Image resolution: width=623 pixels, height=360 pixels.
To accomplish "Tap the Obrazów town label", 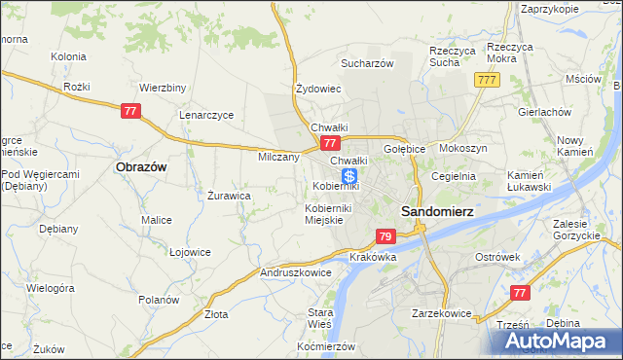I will [142, 166].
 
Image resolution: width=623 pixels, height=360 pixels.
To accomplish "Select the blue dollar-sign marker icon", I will [348, 177].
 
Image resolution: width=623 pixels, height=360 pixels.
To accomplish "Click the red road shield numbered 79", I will [385, 236].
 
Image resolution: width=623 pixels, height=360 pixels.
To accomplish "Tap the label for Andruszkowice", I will [295, 273].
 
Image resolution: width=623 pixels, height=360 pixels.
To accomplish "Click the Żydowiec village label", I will [317, 89].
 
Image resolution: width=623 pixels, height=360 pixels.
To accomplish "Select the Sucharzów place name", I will [366, 63].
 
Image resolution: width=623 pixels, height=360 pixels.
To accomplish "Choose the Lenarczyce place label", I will [206, 114].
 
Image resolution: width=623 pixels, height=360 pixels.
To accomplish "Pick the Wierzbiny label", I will [163, 87].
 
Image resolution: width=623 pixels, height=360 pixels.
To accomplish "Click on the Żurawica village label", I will [230, 195].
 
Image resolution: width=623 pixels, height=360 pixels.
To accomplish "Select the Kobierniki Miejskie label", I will [327, 214].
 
